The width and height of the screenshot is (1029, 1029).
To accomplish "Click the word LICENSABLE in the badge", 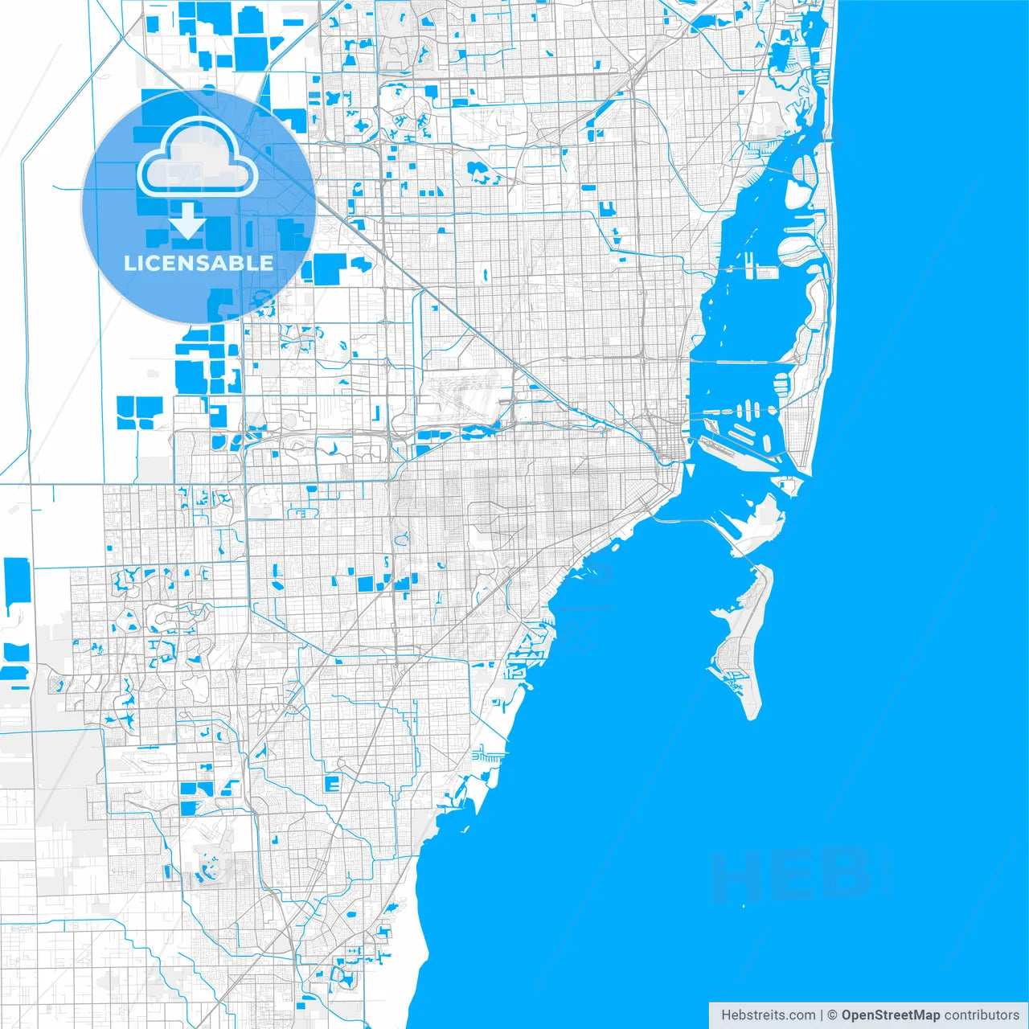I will tap(198, 263).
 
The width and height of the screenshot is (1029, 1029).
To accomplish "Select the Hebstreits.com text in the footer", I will tap(767, 1015).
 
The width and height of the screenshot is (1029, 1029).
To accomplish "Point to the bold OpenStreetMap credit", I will tap(890, 1015).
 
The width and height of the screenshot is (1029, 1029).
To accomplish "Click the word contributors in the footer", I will tap(981, 1015).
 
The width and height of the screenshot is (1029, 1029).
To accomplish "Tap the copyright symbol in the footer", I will tap(832, 1015).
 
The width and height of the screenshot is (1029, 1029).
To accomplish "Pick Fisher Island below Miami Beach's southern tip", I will tap(786, 484).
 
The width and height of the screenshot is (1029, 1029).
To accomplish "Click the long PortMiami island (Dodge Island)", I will tap(736, 450).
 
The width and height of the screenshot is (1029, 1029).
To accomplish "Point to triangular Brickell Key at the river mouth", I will tap(689, 469).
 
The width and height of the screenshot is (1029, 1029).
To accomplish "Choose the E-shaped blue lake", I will tap(331, 783).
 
